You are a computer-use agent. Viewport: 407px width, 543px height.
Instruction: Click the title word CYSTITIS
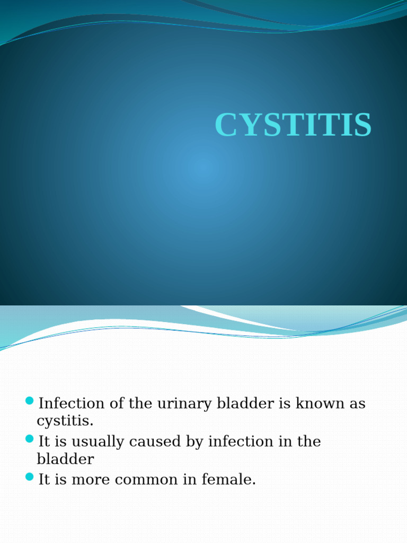click(293, 126)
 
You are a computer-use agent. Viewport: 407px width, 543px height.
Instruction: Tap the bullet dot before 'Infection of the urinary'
click(30, 400)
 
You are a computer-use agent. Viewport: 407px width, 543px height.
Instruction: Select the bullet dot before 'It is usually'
click(30, 438)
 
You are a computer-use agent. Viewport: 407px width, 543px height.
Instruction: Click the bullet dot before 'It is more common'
click(30, 476)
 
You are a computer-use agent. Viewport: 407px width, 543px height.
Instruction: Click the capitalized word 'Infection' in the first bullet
click(72, 404)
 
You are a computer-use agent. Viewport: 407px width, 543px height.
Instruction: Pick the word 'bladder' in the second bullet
click(65, 459)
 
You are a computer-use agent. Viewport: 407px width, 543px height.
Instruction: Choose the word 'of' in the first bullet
click(117, 404)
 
